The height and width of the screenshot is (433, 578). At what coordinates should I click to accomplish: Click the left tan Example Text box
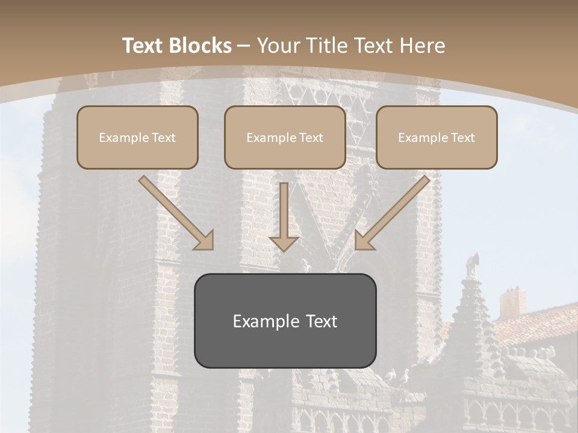tap(137, 137)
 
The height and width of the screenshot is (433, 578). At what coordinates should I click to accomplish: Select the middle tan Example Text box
tap(285, 137)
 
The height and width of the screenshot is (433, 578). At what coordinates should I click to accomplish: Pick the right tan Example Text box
tap(437, 137)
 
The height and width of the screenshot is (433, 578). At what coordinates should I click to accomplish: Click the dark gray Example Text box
tap(285, 321)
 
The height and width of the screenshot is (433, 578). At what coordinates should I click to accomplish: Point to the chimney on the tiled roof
tap(512, 302)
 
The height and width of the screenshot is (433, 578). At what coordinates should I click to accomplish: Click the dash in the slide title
tap(244, 46)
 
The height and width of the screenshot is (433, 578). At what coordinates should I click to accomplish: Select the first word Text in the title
tap(142, 46)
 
